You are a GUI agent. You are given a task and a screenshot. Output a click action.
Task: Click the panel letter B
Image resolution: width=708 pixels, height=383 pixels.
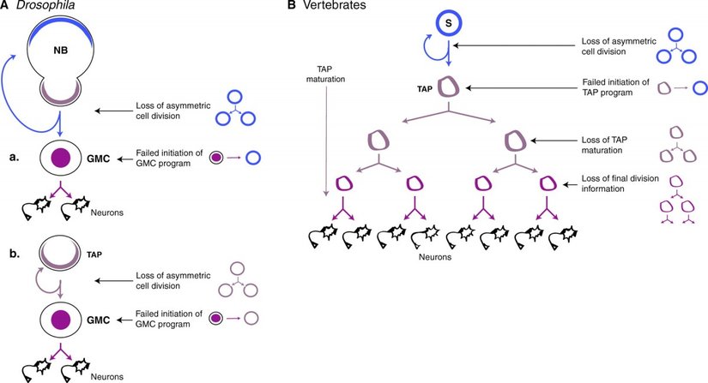[292, 7]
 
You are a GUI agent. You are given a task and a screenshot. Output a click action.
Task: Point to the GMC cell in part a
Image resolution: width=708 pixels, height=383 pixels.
[61, 159]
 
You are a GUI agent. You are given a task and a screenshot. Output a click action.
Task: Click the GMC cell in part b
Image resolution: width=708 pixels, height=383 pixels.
[61, 320]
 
